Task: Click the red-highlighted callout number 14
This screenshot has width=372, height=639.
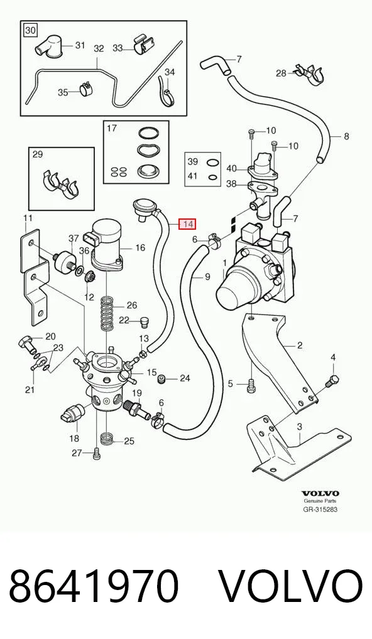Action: tap(188, 223)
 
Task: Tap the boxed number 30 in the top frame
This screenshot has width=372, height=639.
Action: tap(31, 30)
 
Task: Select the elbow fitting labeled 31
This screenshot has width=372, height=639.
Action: tap(48, 46)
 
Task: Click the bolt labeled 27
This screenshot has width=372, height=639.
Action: tap(96, 453)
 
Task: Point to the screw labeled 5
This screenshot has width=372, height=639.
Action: tap(251, 386)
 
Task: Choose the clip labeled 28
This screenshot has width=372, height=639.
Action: tap(309, 74)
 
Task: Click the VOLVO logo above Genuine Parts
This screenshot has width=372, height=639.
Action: tap(320, 493)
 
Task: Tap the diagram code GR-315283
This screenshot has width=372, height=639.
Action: tap(320, 510)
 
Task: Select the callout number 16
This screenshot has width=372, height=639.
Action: tap(140, 247)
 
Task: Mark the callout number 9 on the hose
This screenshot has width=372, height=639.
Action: tap(207, 277)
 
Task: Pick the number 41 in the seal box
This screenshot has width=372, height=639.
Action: tap(192, 176)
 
